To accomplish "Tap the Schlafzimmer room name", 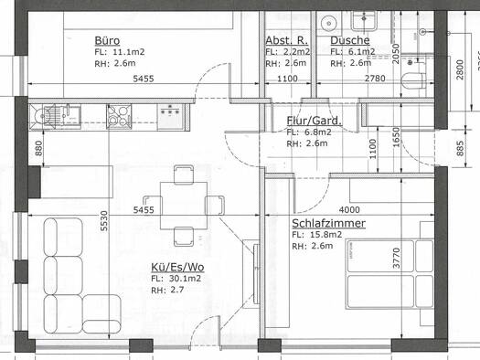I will pos(329,223).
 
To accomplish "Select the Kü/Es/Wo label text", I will pos(176,267).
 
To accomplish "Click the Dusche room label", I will pos(349,41).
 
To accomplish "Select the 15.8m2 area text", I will pos(327,235).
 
